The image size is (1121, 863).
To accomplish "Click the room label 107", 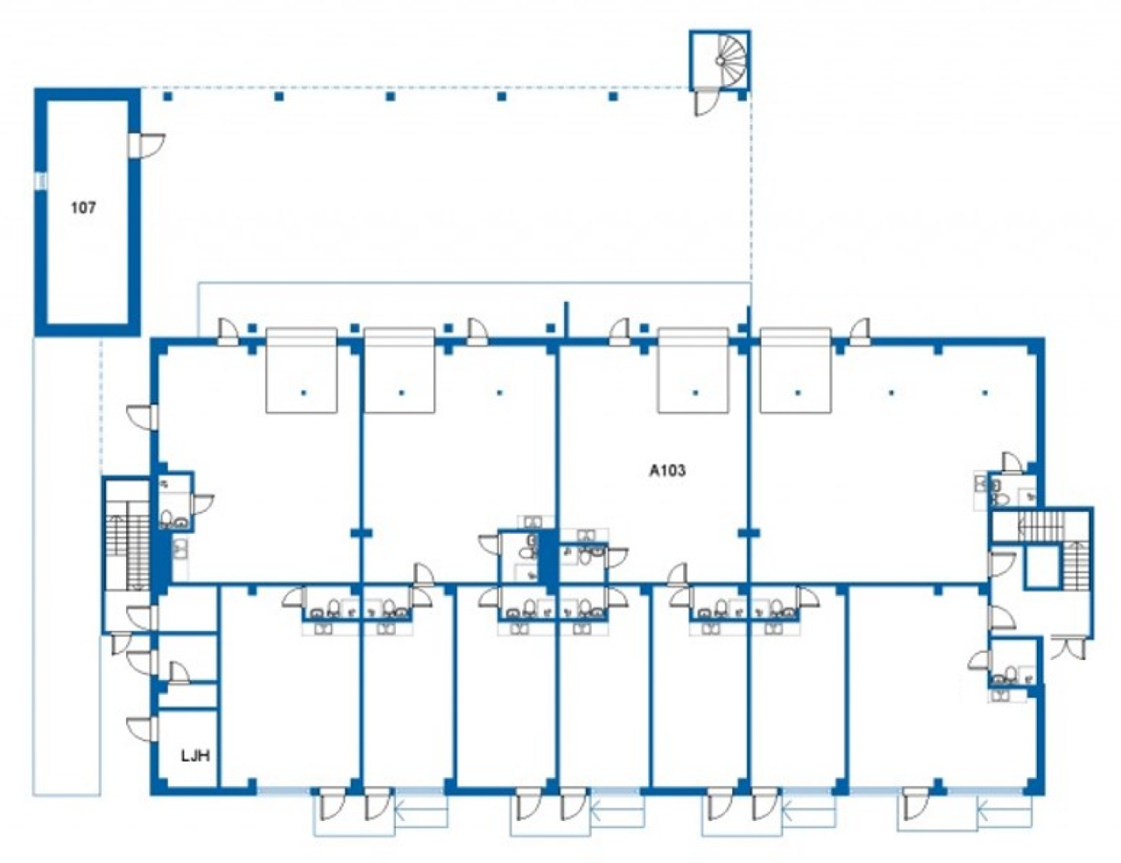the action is tap(83, 207).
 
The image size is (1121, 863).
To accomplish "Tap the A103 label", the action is tap(667, 470).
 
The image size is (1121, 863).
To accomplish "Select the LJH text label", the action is tap(195, 755).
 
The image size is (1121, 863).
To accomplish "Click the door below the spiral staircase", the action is tap(706, 103).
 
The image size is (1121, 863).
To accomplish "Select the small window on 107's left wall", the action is tap(41, 181).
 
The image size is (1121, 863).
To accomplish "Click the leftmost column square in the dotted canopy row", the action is tap(167, 96).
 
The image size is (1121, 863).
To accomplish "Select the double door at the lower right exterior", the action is tap(1069, 649).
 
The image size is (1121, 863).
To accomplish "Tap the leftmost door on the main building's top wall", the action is tap(228, 331).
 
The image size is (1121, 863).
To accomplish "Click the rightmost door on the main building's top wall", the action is tap(861, 332).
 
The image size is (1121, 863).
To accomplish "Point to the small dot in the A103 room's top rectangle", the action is tap(695, 393).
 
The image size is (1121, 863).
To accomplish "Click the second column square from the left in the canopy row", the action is tap(279, 96).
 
